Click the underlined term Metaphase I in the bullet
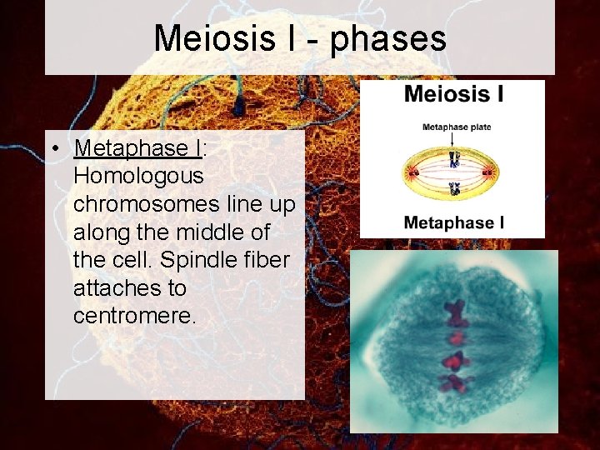click(x=137, y=148)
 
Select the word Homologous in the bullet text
click(x=138, y=176)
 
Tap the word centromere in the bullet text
click(x=133, y=317)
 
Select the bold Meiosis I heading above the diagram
click(x=453, y=93)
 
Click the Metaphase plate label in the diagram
click(x=456, y=127)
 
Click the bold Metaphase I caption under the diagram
click(x=453, y=222)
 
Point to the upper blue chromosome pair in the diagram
click(x=454, y=160)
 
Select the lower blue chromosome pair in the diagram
click(x=454, y=189)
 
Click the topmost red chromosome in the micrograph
click(x=455, y=313)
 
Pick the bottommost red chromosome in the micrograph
click(x=452, y=383)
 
